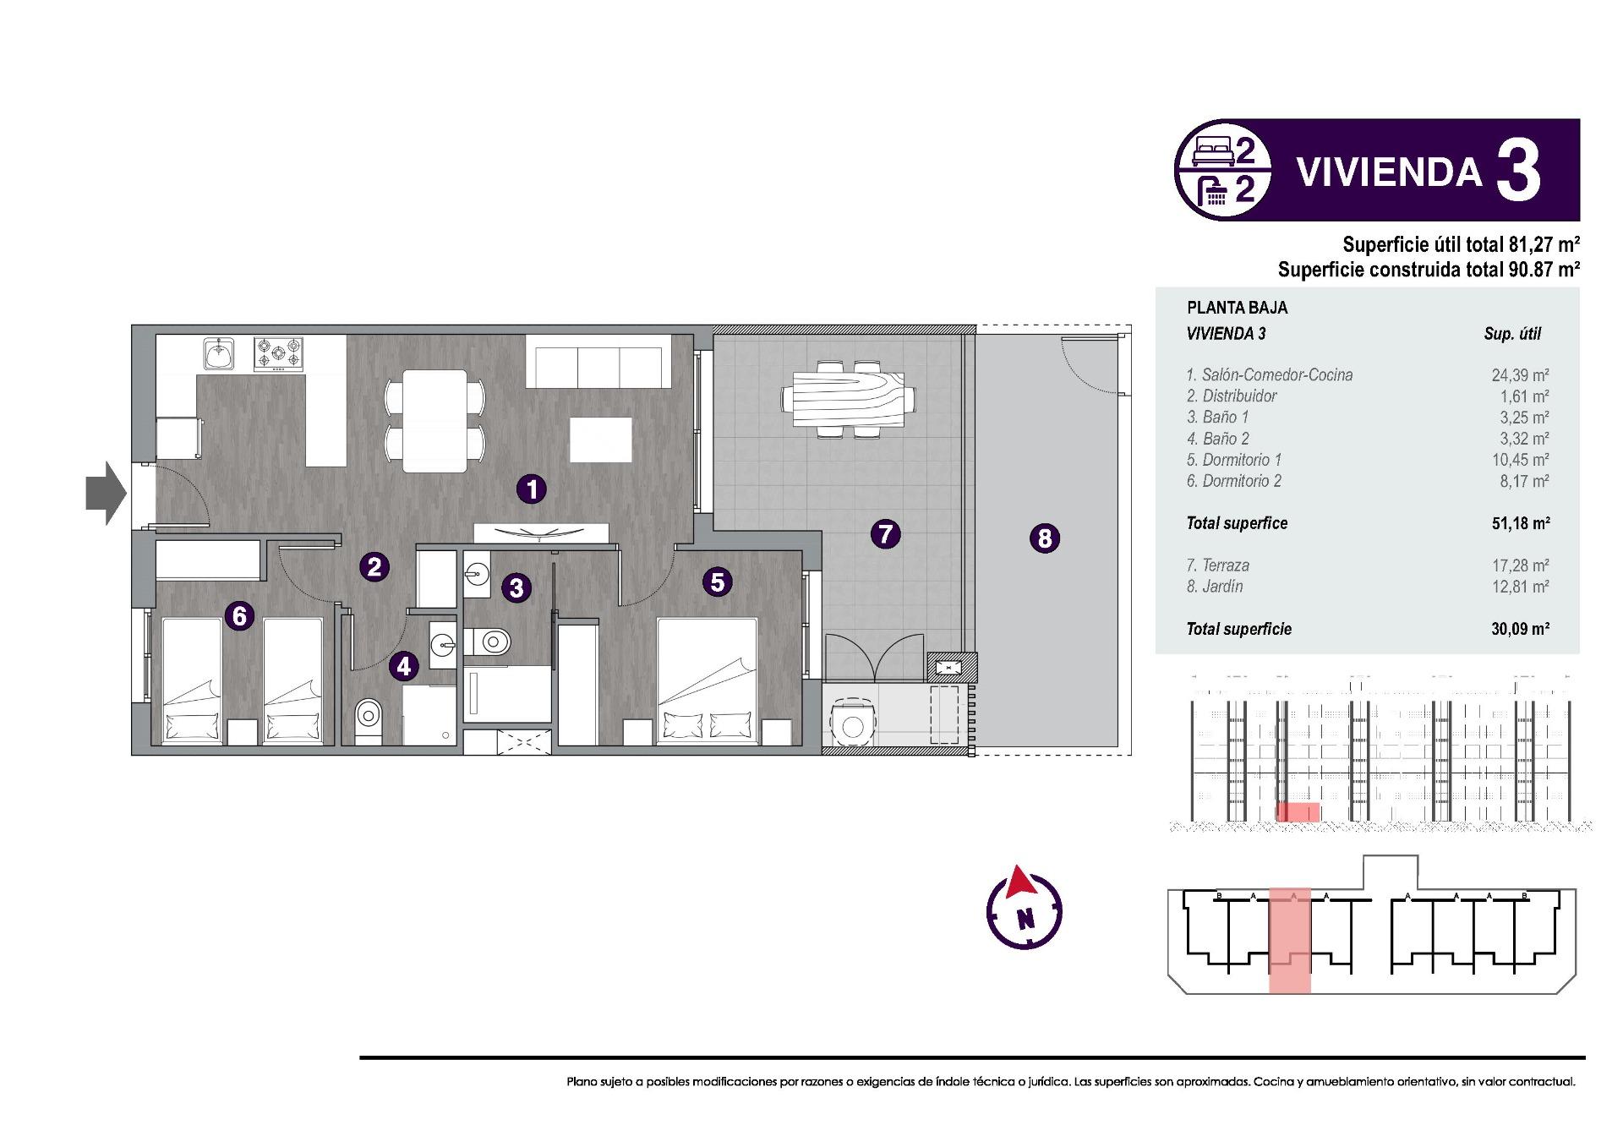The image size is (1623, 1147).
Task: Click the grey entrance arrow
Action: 106,493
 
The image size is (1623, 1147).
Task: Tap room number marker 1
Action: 532,489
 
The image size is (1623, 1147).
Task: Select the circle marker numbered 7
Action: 885,533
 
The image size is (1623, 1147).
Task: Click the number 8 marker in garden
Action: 1045,538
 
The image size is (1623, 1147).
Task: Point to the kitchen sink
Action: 219,353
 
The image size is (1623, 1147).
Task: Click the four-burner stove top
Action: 279,353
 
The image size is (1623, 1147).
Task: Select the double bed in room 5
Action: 707,681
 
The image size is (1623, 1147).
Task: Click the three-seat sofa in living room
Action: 598,361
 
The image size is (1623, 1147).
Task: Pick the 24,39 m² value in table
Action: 1519,375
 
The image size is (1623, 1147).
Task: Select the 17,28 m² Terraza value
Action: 1519,565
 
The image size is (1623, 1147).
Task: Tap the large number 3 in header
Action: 1519,172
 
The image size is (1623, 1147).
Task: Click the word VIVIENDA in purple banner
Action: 1389,172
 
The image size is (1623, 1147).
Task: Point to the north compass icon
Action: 1025,909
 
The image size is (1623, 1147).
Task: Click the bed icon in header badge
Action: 1213,153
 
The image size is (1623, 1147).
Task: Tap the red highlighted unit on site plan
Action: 1290,940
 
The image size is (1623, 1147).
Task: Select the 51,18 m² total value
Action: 1520,523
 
